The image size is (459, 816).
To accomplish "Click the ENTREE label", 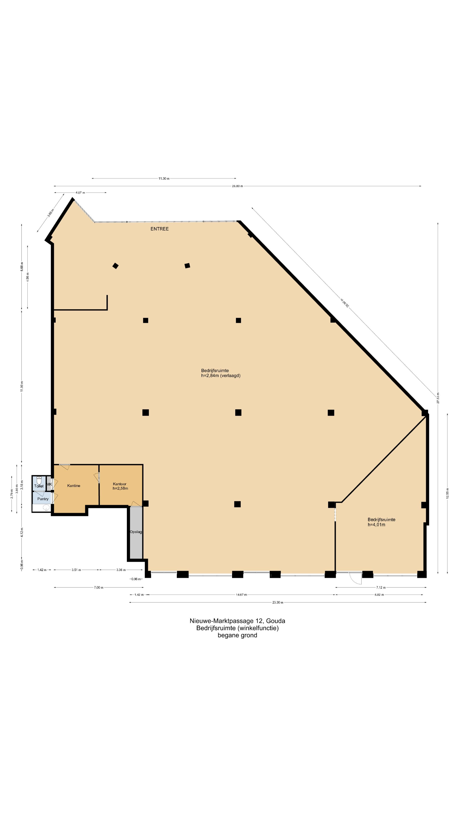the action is [x=159, y=229].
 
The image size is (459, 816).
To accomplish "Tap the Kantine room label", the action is [x=74, y=486].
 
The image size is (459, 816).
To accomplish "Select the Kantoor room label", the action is [x=119, y=484].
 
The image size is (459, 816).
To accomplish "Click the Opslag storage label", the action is [x=136, y=532].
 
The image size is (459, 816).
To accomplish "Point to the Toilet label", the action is [x=39, y=486].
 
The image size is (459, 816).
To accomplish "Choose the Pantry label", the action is [x=43, y=499].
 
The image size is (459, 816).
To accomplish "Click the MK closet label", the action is [x=49, y=484].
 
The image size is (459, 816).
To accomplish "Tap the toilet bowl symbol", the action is [x=39, y=480].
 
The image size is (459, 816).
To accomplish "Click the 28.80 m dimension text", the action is [x=237, y=186].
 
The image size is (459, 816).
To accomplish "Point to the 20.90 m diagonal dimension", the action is [x=345, y=303].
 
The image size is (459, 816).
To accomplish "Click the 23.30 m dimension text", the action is [x=278, y=602].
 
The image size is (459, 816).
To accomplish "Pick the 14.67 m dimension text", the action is [x=241, y=595].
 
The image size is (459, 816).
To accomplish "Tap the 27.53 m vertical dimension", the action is [x=438, y=398].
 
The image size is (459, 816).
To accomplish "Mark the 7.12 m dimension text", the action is [x=381, y=588].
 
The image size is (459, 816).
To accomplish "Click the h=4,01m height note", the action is [x=376, y=525].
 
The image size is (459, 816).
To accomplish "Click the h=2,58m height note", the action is [x=120, y=489].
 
